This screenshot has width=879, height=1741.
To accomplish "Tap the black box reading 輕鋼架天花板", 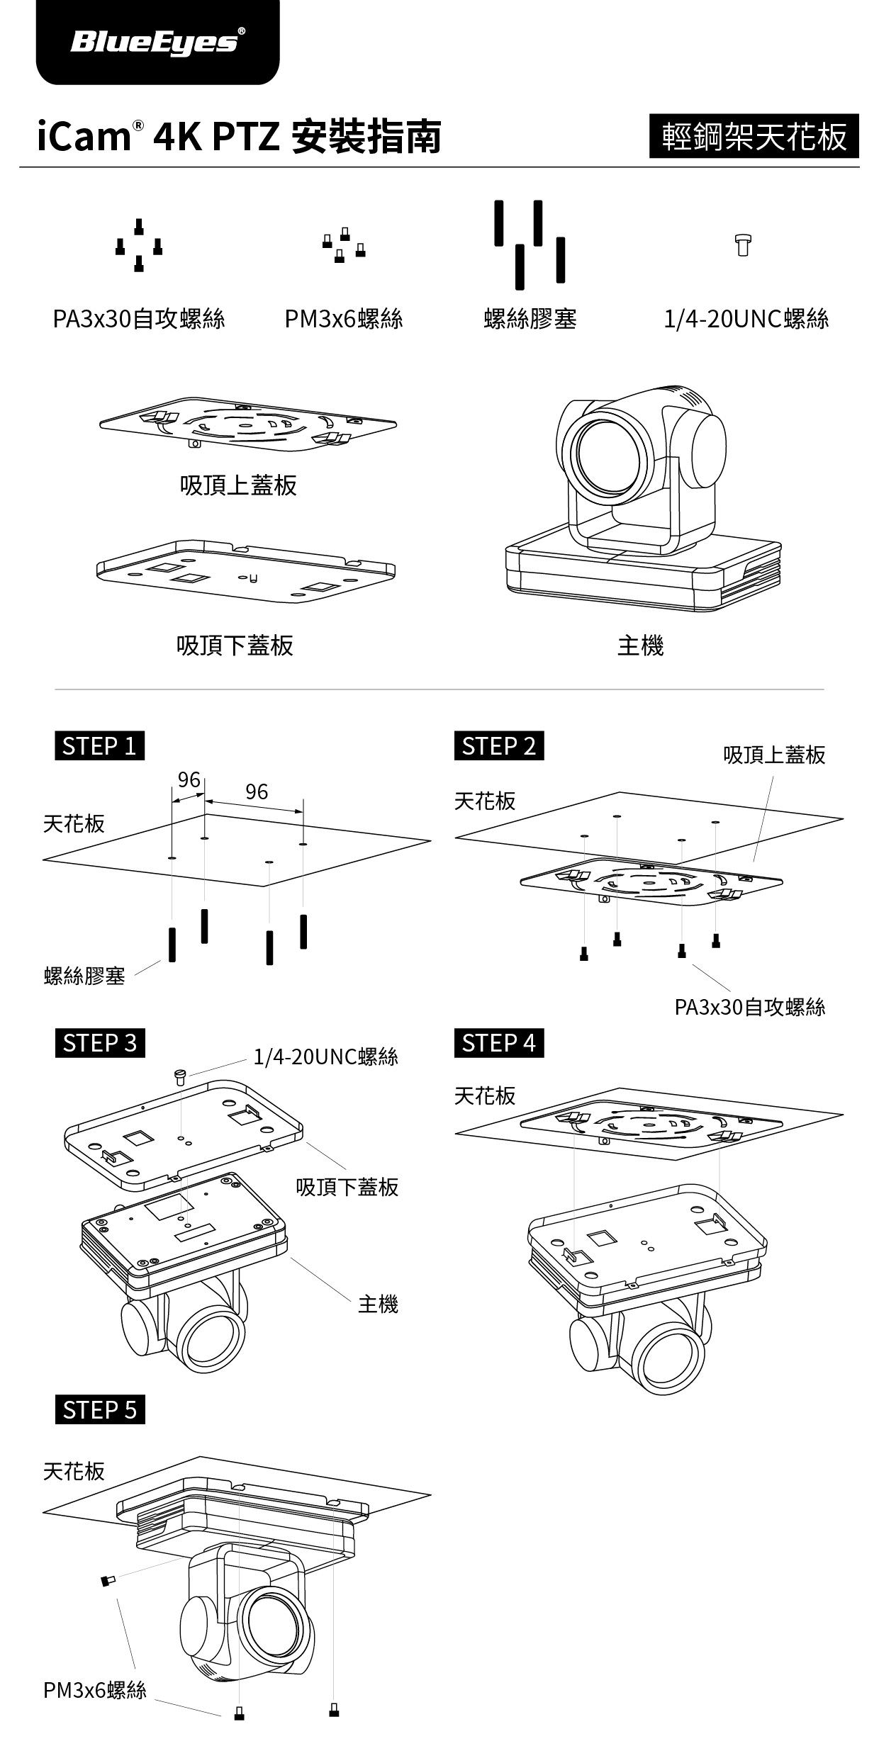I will (x=754, y=136).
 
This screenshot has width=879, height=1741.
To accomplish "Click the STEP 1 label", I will (x=99, y=746).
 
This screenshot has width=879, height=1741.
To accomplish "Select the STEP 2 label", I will (x=498, y=746).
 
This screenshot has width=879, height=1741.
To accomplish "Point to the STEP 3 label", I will (x=99, y=1043).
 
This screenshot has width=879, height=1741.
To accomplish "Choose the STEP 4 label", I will (x=498, y=1043).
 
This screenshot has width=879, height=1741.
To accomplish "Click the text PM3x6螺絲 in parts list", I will (x=344, y=319).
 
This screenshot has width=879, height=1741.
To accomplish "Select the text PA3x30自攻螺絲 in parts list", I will (x=139, y=319).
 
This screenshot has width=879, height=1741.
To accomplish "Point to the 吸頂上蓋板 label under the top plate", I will (x=238, y=485).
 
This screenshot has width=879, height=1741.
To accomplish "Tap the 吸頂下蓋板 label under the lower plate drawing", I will (x=235, y=645).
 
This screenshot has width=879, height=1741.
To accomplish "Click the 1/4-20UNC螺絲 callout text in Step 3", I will (x=326, y=1057).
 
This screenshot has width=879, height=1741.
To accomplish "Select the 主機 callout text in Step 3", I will (x=378, y=1304).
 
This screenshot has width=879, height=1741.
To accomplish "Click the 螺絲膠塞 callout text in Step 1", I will (x=84, y=976).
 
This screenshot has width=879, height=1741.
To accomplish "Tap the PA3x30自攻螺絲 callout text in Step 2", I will (x=749, y=1007).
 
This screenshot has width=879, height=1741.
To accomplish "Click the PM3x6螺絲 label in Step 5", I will (x=94, y=1690).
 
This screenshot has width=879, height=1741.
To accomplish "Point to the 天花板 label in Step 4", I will (x=485, y=1095).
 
